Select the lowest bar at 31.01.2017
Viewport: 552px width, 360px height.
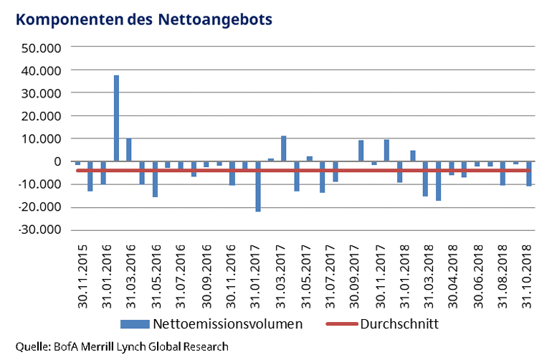258,186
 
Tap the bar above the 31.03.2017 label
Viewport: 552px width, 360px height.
284,148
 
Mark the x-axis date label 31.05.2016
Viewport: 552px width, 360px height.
156,274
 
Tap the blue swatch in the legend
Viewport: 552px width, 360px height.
141,324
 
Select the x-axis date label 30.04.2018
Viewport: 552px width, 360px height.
452,274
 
